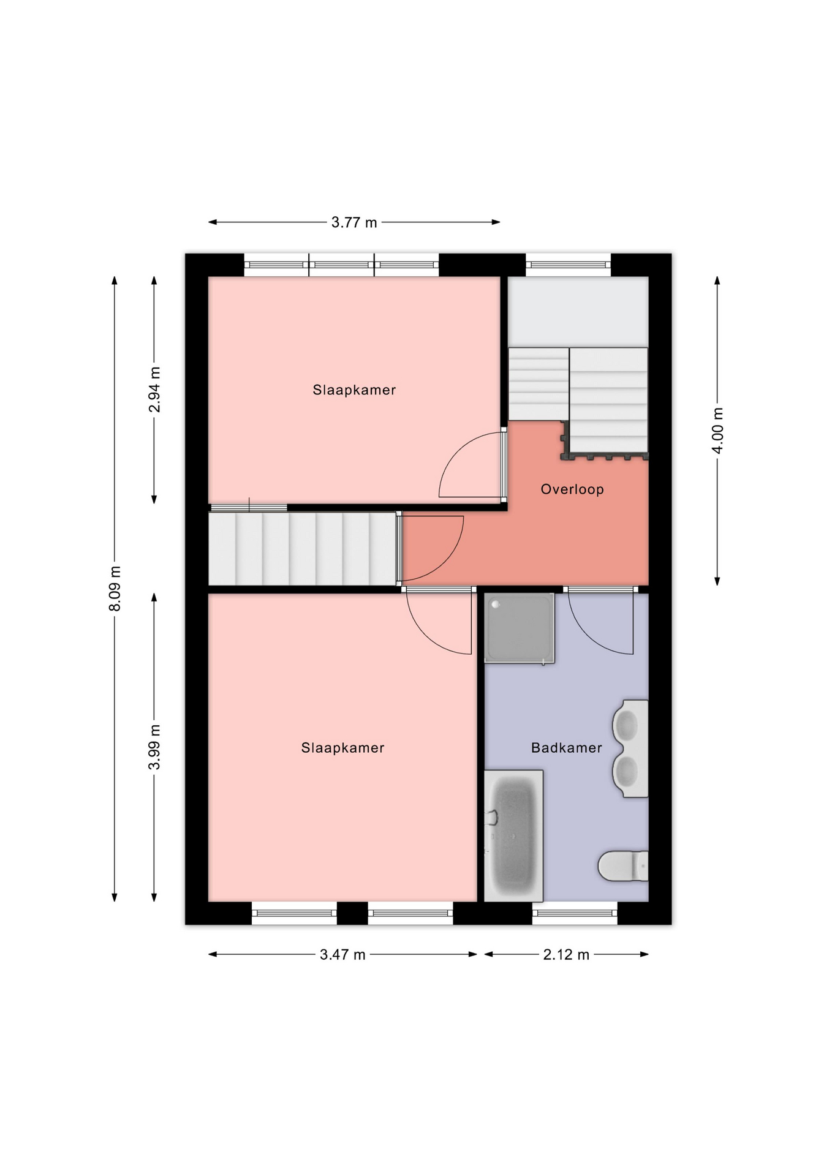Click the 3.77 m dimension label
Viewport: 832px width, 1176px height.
click(354, 222)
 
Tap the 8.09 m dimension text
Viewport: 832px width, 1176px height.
click(115, 589)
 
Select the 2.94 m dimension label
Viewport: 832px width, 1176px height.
click(154, 390)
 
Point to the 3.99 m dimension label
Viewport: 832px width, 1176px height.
click(154, 747)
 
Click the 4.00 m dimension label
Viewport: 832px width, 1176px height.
click(717, 431)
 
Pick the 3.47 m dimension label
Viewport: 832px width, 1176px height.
click(342, 954)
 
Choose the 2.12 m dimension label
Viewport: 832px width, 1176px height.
click(566, 954)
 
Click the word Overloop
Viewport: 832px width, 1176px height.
click(572, 489)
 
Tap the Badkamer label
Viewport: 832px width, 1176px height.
click(567, 747)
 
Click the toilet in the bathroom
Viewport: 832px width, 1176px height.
click(623, 865)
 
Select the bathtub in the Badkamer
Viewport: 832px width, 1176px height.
click(513, 835)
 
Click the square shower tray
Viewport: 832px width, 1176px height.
click(519, 628)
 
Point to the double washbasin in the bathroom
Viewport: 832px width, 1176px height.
click(630, 748)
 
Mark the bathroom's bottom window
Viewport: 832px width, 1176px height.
click(575, 913)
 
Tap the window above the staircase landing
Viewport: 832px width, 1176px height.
click(568, 265)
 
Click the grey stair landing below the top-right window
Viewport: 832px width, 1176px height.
click(578, 312)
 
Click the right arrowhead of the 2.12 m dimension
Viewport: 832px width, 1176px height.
click(644, 954)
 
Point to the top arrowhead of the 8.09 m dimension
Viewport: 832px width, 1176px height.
click(115, 281)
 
